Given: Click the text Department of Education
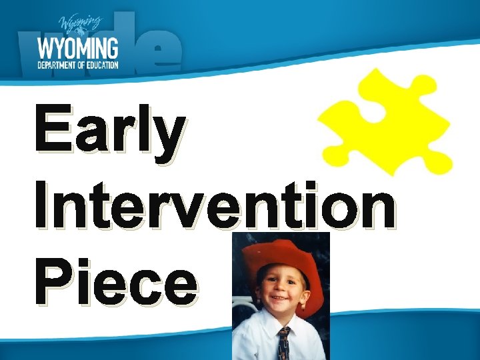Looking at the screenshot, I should pos(79,65).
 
